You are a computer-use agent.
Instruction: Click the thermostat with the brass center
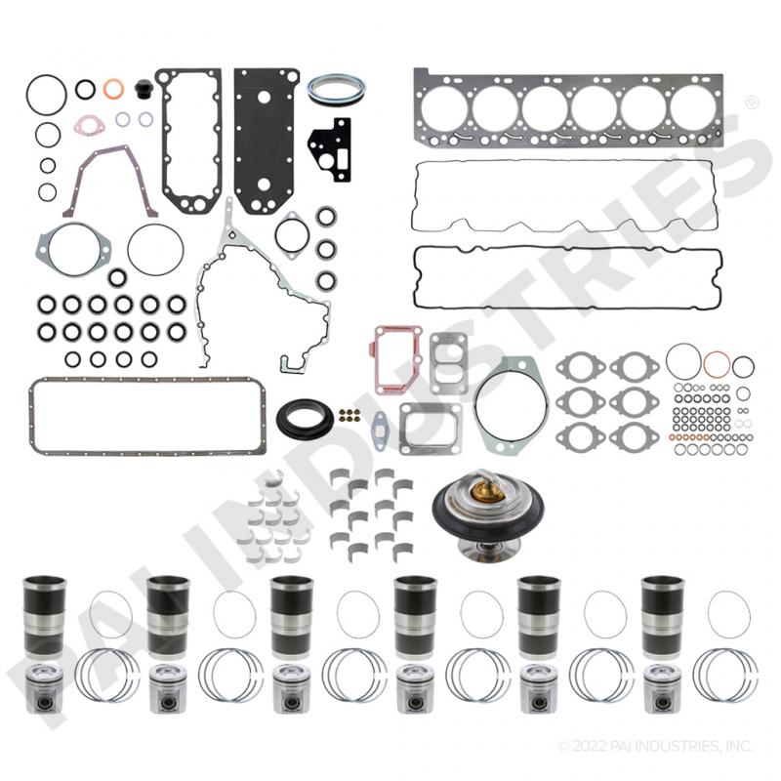tap(487, 514)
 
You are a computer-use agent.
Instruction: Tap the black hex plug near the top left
tap(143, 89)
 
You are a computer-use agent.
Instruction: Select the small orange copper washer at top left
tap(113, 89)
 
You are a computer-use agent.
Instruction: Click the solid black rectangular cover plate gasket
tap(267, 141)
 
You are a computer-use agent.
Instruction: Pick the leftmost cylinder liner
tap(44, 617)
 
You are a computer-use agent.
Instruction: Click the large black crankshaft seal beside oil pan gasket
tap(305, 418)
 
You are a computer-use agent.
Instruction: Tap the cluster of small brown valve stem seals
tap(349, 415)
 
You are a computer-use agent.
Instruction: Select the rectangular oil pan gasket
tap(31, 416)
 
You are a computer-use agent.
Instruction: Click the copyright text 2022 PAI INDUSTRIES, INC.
tap(655, 746)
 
